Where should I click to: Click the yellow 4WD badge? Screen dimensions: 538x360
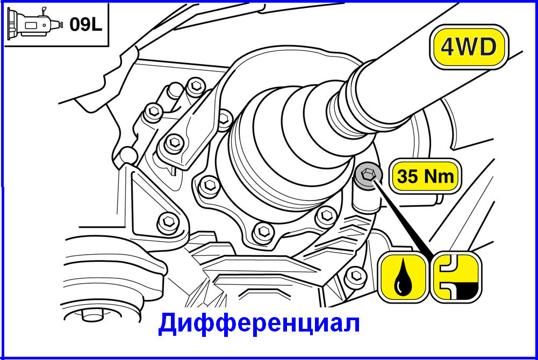469,47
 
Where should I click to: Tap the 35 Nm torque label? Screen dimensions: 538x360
426,176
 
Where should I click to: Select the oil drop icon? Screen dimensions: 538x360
403,277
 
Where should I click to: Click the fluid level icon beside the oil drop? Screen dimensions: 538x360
456,277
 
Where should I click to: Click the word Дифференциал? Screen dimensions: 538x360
259,323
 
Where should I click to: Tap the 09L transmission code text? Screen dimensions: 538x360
86,25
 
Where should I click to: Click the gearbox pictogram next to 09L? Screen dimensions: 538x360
35,23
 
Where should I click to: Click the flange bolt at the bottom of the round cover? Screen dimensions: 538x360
264,232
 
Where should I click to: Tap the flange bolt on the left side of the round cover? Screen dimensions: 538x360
209,186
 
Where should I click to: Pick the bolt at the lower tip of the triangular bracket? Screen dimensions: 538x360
168,222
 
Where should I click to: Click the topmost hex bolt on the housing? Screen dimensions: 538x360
196,86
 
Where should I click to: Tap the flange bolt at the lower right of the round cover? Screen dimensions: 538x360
326,215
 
